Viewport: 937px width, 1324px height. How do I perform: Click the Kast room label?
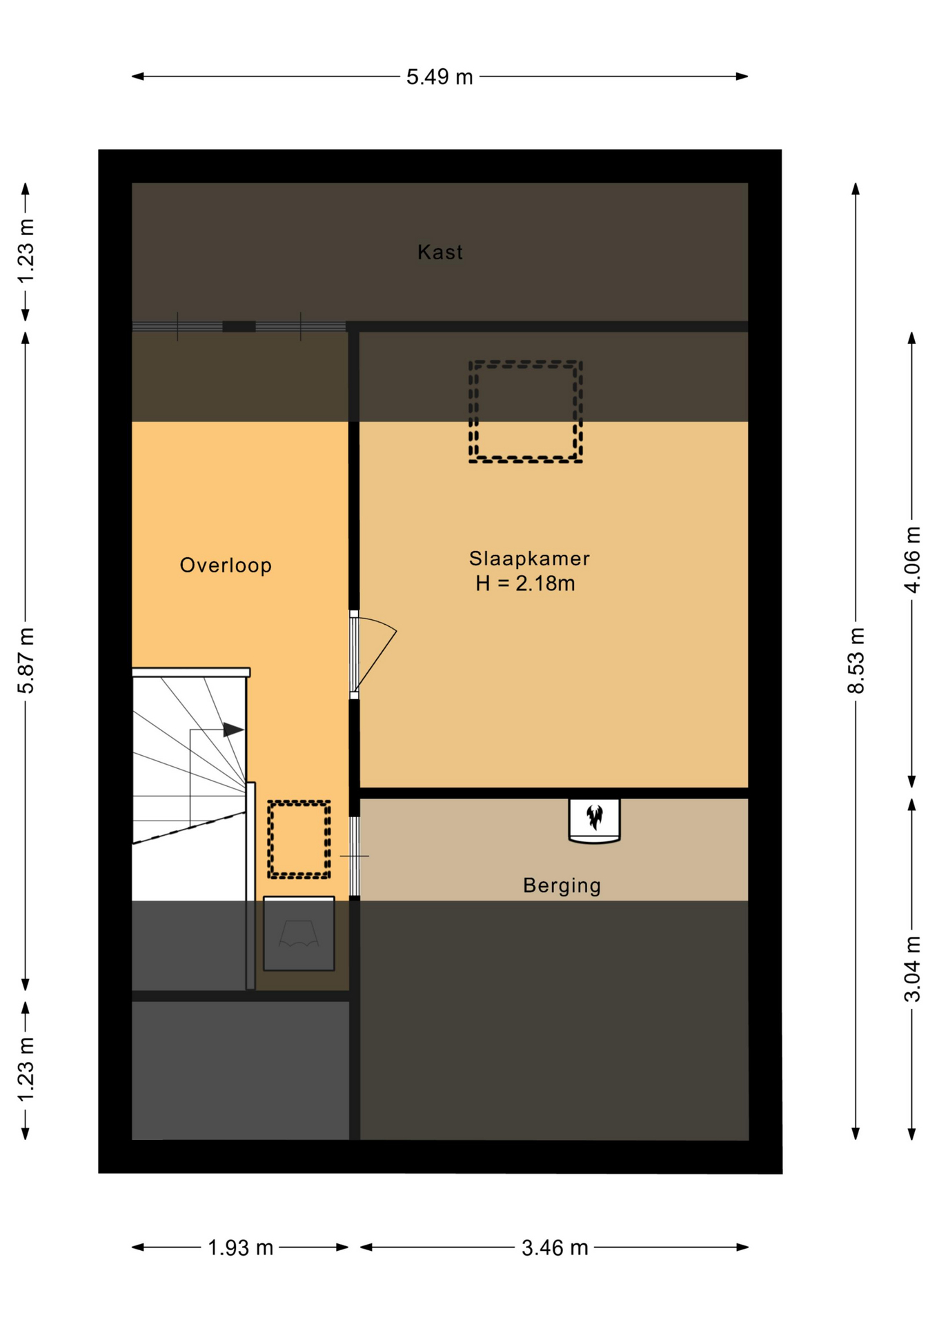coord(440,252)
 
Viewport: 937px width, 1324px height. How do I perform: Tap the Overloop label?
coord(226,565)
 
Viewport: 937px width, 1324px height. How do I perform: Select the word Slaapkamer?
coord(529,559)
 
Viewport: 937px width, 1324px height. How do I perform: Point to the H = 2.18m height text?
coord(525,583)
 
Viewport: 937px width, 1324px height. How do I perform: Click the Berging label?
coord(562,885)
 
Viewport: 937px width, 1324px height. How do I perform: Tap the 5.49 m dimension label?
coord(440,77)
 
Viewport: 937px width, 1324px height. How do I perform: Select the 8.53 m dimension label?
coord(856,661)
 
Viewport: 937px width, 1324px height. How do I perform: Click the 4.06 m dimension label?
coord(912,559)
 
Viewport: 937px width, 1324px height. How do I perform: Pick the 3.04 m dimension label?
coord(912,969)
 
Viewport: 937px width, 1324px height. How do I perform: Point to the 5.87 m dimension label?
coord(26,661)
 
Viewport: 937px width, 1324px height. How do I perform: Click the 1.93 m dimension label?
coord(241,1247)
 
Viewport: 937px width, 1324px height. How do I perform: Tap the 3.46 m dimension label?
coord(555,1247)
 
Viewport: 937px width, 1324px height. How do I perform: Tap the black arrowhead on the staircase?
coord(233,730)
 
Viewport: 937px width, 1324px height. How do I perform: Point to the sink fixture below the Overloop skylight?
coord(299,934)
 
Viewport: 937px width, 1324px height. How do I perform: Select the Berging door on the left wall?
coord(354,856)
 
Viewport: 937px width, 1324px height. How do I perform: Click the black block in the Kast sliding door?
coord(239,326)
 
